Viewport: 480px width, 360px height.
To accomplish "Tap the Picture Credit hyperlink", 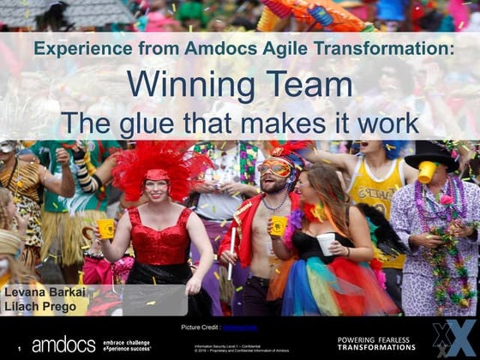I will pyautogui.click(x=240, y=327).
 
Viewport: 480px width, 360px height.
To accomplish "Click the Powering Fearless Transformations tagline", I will pyautogui.click(x=376, y=343).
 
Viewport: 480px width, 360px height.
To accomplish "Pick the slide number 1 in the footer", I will pyautogui.click(x=19, y=349).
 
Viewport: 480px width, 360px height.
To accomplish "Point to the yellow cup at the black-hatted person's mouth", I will pyautogui.click(x=425, y=172).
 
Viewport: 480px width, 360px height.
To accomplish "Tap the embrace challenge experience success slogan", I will pyautogui.click(x=128, y=345).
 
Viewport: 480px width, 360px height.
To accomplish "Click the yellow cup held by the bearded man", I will pyautogui.click(x=279, y=225).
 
